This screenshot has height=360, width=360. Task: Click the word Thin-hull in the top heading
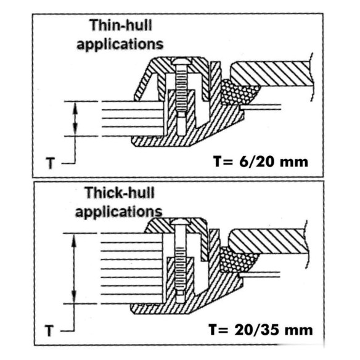[121, 25]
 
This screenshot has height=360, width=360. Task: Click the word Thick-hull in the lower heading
[120, 193]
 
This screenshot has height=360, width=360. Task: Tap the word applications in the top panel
[120, 44]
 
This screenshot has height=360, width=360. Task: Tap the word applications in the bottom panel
[119, 212]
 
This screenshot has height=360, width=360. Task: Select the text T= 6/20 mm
[261, 162]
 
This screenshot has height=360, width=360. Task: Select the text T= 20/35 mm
[261, 329]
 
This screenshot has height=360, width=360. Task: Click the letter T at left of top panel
[51, 163]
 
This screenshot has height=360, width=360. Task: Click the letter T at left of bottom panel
[49, 330]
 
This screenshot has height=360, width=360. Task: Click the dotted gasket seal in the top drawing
[239, 92]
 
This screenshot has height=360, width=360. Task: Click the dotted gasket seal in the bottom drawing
[237, 260]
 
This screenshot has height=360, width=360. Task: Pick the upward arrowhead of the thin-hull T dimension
[75, 107]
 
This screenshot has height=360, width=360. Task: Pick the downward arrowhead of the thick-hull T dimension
[74, 297]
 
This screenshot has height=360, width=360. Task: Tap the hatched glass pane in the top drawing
[272, 73]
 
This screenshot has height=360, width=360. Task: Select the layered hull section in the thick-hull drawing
[131, 269]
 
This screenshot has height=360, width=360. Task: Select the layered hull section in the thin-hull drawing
[133, 119]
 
